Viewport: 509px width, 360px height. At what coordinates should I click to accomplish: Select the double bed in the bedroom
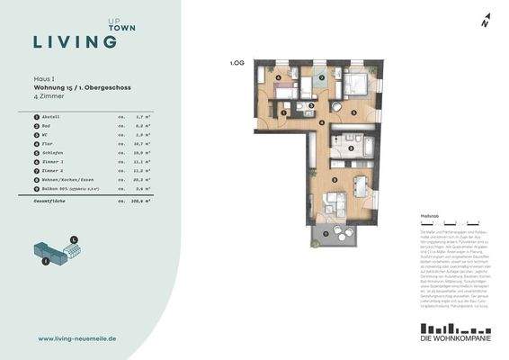(x=352, y=84)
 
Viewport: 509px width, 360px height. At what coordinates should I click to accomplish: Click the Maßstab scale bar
(x=449, y=222)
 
